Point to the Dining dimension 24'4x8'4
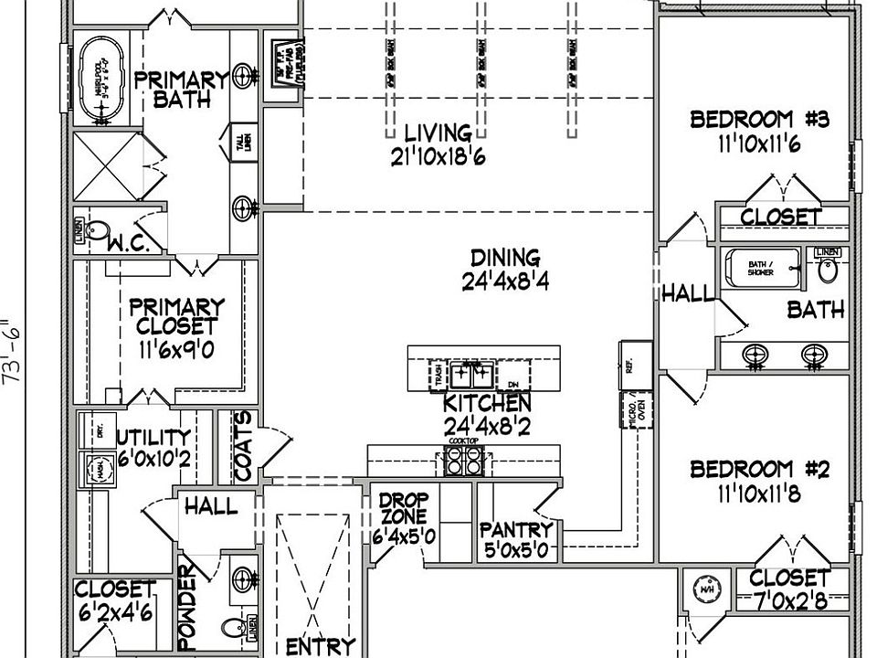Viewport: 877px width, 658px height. pos(504,283)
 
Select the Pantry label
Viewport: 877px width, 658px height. pos(516,530)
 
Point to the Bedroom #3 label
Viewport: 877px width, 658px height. pos(759,120)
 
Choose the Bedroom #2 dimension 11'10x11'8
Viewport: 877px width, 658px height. pos(759,494)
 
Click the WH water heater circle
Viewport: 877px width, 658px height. pos(706,588)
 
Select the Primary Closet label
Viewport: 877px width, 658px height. pos(176,315)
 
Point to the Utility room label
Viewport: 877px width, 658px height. pos(154,438)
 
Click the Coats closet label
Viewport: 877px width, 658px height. pos(244,445)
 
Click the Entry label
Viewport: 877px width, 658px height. pos(320,647)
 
